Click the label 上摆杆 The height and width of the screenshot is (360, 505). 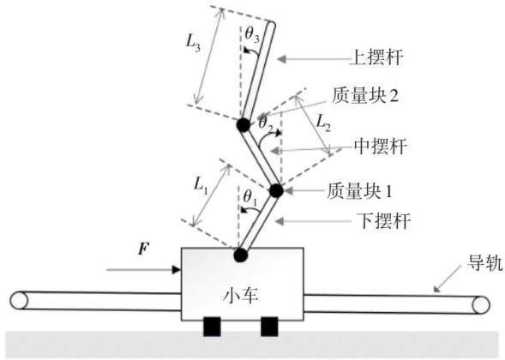pyautogui.click(x=376, y=57)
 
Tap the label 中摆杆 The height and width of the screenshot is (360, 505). pyautogui.click(x=381, y=147)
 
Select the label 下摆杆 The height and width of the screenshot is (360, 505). pyautogui.click(x=384, y=221)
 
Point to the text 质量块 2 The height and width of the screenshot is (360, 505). pyautogui.click(x=365, y=96)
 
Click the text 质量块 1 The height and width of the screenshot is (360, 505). pyautogui.click(x=360, y=191)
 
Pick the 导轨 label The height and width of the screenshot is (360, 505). pyautogui.click(x=485, y=263)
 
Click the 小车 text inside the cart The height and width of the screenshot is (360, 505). pyautogui.click(x=241, y=295)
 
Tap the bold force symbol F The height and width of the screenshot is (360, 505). pyautogui.click(x=144, y=249)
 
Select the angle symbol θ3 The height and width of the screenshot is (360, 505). pyautogui.click(x=252, y=33)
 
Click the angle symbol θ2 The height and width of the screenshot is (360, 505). pyautogui.click(x=266, y=123)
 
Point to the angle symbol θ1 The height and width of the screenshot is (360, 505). pyautogui.click(x=250, y=197)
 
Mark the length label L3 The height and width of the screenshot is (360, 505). pyautogui.click(x=193, y=43)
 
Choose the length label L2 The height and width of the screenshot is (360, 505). pyautogui.click(x=323, y=123)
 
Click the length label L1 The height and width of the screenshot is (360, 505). pyautogui.click(x=201, y=186)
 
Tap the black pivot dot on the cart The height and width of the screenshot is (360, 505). pyautogui.click(x=240, y=255)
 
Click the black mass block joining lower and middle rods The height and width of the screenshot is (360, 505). pyautogui.click(x=276, y=190)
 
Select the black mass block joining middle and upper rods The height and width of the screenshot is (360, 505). pyautogui.click(x=243, y=124)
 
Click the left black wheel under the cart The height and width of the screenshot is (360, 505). pyautogui.click(x=212, y=327)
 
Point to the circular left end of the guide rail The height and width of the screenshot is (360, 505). pyautogui.click(x=19, y=301)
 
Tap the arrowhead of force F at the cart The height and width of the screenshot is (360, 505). pyautogui.click(x=177, y=269)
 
